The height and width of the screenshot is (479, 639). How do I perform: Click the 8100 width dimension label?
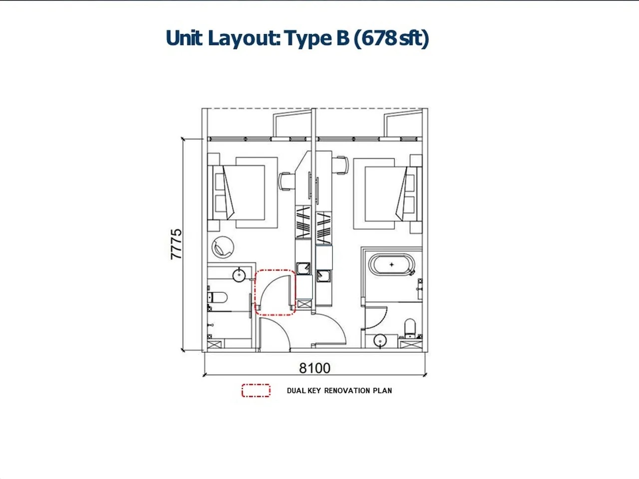[x=315, y=368]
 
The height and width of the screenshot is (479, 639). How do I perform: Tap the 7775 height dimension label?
[x=176, y=244]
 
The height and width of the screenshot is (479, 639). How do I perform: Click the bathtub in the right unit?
[x=391, y=264]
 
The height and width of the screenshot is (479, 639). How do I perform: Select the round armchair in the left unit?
[x=223, y=247]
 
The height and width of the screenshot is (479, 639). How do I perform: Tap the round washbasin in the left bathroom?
[x=239, y=275]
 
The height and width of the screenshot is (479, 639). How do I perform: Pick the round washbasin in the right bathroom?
[x=380, y=340]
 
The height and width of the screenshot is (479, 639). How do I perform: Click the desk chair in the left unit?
[x=286, y=182]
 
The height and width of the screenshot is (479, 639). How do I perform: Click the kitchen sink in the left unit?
[x=303, y=268]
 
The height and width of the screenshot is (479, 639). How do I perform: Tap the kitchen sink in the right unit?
[x=323, y=276]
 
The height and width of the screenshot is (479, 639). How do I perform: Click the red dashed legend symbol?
[x=256, y=391]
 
